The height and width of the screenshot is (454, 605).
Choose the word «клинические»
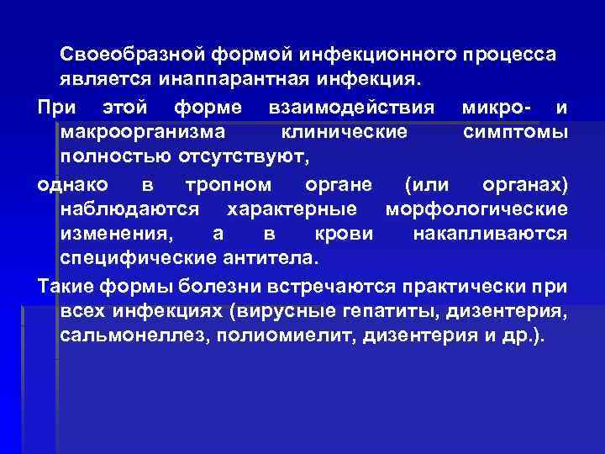pos(345,132)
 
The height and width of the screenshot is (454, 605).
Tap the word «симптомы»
pos(514,132)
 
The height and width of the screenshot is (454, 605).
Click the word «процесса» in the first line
pos(509,55)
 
